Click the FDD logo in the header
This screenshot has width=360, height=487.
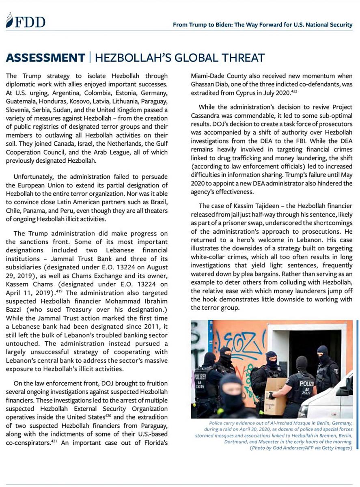(x=25, y=22)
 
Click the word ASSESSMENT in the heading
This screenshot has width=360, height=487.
(x=45, y=58)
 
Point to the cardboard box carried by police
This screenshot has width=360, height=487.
(x=276, y=390)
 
